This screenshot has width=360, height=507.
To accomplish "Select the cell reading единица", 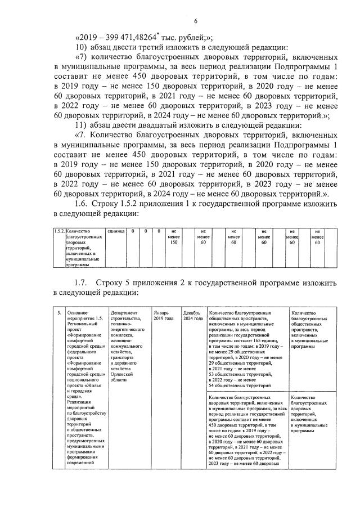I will (116, 231).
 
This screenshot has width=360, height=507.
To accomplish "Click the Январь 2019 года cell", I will (161, 316).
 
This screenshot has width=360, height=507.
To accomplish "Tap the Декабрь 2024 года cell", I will (192, 316).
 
